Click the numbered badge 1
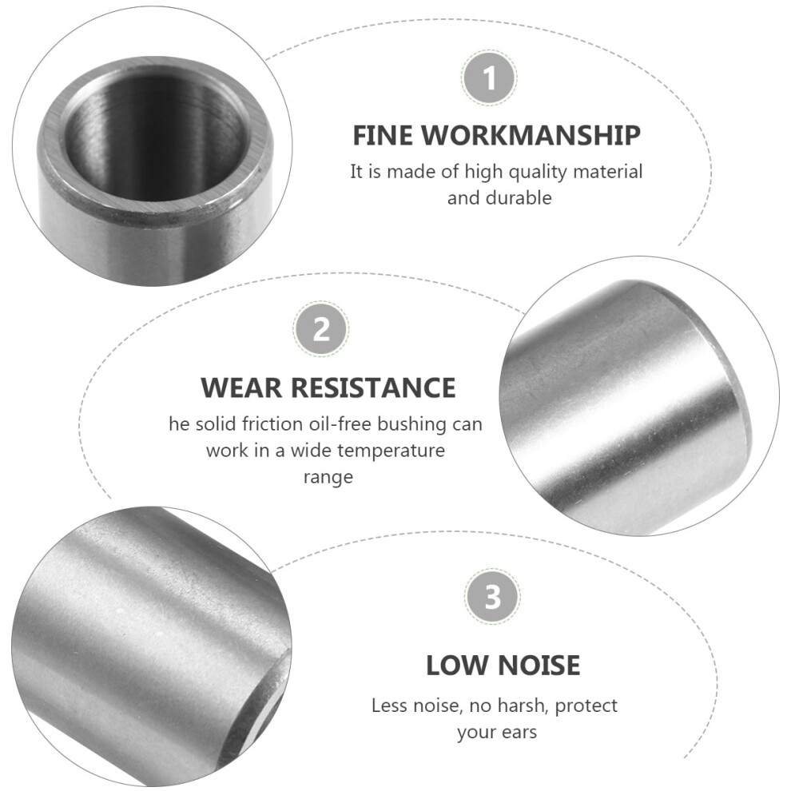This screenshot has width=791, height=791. click(489, 78)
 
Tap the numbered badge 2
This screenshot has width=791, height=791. click(321, 329)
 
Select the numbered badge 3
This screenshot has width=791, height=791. click(492, 597)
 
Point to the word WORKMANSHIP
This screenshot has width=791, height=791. click(531, 135)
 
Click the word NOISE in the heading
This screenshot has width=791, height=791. click(539, 665)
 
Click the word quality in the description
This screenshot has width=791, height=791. click(538, 173)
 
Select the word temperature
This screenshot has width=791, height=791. click(392, 451)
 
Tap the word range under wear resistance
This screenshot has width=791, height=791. click(328, 478)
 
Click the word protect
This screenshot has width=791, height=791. click(586, 706)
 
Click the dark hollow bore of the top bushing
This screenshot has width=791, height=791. click(157, 132)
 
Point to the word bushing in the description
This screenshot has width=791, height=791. click(412, 425)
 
